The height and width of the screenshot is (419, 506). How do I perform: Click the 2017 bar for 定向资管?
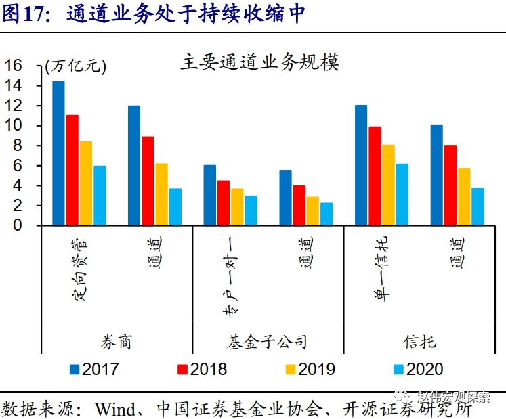coord(59,153)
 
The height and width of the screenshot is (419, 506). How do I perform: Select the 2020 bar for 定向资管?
coord(100,195)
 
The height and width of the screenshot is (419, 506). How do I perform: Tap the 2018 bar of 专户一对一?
coord(224,202)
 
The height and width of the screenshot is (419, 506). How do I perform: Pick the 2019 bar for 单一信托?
coord(388,185)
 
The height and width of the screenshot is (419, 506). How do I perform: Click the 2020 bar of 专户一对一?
coord(251,211)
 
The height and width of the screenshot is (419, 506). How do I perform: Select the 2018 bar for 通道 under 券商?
coord(148,181)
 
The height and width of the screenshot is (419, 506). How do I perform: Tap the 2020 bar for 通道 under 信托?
coord(478,206)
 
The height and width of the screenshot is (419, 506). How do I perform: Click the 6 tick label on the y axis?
coord(18,166)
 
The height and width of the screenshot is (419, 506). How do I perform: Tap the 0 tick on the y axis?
coord(18,225)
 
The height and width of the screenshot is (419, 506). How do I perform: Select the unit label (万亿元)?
coord(76,66)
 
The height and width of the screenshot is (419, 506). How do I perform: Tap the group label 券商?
coord(117,341)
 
